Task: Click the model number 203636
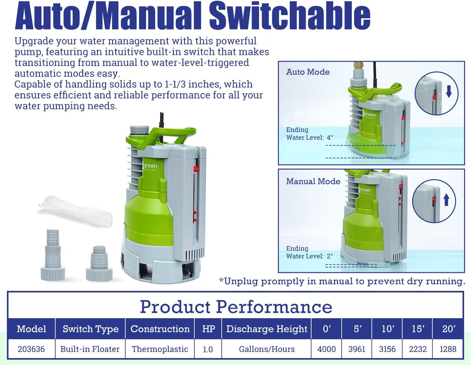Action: (x=31, y=349)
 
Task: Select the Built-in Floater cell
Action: (x=90, y=349)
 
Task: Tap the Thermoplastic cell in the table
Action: (x=160, y=349)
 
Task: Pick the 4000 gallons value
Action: (x=327, y=349)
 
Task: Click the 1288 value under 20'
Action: (x=448, y=349)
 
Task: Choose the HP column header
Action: (x=208, y=329)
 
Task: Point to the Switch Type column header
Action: (x=90, y=329)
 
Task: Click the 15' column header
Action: (x=418, y=329)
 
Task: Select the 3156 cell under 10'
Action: (x=387, y=349)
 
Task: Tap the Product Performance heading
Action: (x=236, y=306)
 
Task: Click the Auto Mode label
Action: (x=308, y=72)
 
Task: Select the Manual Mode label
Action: (x=313, y=181)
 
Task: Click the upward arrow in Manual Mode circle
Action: (x=446, y=199)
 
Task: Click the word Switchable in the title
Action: (x=290, y=16)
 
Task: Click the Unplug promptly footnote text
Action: (x=342, y=281)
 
